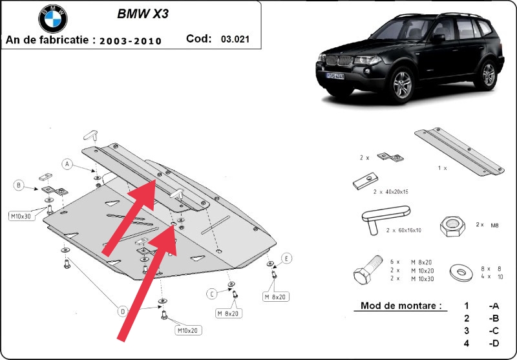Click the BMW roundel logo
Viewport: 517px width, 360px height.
[53, 19]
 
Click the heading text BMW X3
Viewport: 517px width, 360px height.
[143, 14]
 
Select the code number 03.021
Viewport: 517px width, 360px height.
[235, 39]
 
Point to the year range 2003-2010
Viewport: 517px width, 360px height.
[131, 41]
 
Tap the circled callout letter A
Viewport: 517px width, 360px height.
[67, 164]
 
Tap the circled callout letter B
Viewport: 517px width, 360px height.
[19, 185]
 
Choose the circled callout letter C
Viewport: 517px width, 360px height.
[212, 293]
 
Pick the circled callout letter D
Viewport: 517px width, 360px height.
[123, 312]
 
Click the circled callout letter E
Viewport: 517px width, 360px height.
[286, 259]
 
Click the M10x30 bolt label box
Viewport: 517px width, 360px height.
[21, 217]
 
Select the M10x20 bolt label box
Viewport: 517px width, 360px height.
[188, 330]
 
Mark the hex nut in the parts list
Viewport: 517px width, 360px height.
[452, 226]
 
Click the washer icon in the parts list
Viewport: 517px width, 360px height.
[461, 273]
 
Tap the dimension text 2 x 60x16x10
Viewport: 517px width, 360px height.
[403, 231]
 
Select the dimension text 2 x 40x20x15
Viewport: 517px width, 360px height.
[391, 191]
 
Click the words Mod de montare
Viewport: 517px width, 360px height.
[401, 305]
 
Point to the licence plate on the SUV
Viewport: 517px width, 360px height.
[335, 76]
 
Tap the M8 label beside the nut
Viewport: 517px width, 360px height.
[494, 225]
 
